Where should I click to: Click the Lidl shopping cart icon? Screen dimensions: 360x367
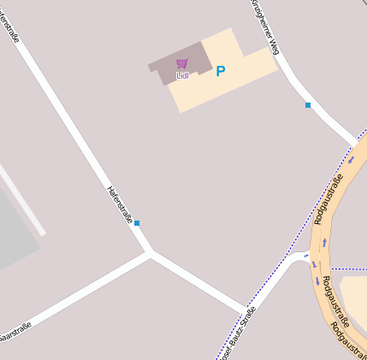pos(181,63)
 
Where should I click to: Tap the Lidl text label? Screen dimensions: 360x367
pos(181,75)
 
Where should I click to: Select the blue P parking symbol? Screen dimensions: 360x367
pos(221,72)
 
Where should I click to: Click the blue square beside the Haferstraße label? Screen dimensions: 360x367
pos(137,223)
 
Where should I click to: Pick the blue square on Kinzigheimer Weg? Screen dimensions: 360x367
pos(308,105)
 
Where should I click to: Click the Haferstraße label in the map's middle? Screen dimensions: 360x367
pos(119,205)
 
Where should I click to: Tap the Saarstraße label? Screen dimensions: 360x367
pos(15,333)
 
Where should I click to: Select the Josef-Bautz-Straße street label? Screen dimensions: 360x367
pos(237,333)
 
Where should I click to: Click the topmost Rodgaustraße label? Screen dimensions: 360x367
pos(327,199)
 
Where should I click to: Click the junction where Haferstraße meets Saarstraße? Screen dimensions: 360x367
pos(151,253)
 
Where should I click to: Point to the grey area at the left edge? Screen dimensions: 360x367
pos(15,231)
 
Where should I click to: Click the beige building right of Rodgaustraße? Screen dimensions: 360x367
pos(354,295)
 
